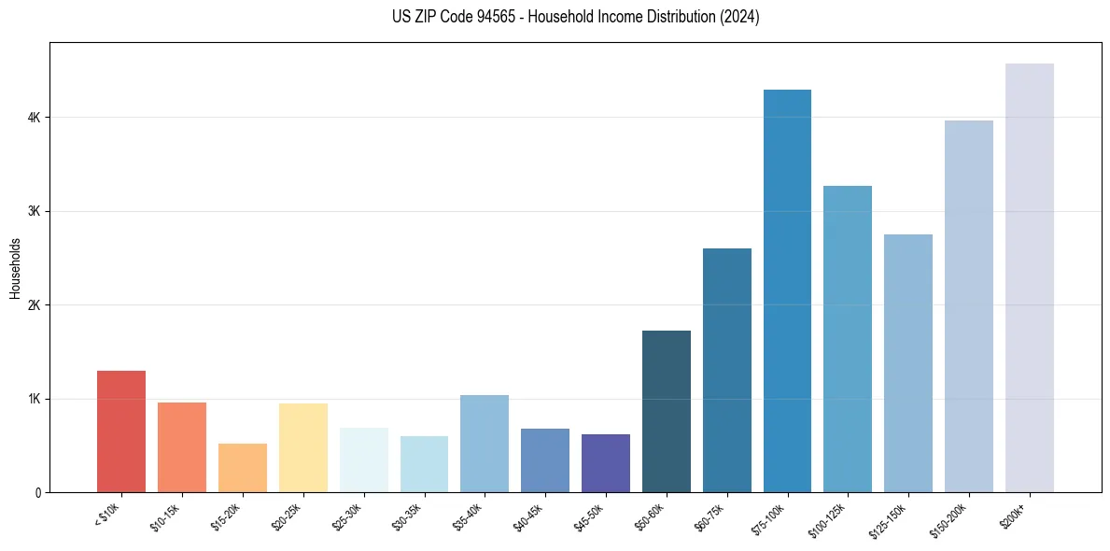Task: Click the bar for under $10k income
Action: [121, 431]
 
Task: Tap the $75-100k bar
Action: [787, 290]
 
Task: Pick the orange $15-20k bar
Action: [242, 468]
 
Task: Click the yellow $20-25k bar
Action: [302, 447]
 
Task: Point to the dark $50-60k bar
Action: [667, 411]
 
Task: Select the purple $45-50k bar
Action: [606, 463]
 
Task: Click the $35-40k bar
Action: [485, 444]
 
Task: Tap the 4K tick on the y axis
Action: [34, 118]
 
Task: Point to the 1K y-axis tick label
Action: [34, 399]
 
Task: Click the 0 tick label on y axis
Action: [37, 492]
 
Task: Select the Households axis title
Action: [15, 268]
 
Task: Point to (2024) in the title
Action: [739, 17]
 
